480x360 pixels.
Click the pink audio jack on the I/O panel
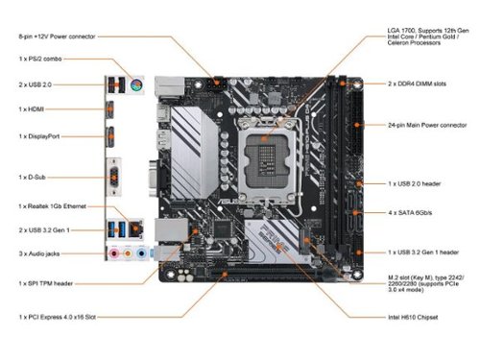pyautogui.click(x=112, y=254)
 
